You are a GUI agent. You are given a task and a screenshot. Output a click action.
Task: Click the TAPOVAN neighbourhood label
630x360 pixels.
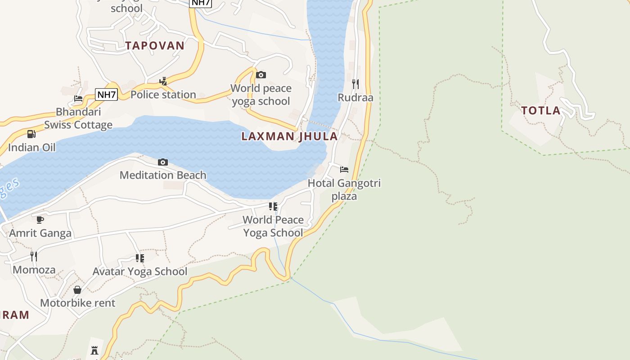tap(155, 45)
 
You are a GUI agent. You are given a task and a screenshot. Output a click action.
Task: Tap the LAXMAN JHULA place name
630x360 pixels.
tap(289, 136)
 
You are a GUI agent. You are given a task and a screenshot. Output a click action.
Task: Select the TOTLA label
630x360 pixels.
tap(541, 111)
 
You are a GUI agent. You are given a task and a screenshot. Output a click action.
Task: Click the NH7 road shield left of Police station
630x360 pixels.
tap(107, 94)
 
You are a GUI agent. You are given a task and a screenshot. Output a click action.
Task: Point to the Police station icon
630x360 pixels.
tap(163, 81)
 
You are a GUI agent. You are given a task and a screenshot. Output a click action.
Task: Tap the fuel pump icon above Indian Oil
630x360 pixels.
tap(31, 134)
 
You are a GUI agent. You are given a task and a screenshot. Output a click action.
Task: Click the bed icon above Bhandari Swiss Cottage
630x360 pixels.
tap(78, 99)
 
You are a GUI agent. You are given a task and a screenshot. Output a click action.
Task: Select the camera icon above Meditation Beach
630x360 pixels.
tap(163, 162)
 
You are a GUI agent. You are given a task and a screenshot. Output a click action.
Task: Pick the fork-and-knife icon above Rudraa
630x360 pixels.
tap(355, 84)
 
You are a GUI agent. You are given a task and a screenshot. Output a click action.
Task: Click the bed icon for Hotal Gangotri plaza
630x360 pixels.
tap(344, 170)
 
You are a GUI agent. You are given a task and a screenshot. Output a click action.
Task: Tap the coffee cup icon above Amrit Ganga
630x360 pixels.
tap(40, 220)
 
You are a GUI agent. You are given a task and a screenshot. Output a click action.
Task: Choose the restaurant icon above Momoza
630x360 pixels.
tap(34, 256)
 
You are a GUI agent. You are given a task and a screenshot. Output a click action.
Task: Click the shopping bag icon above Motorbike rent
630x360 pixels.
tap(77, 289)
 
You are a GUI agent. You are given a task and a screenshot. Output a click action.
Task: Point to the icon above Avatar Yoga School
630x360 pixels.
tap(140, 258)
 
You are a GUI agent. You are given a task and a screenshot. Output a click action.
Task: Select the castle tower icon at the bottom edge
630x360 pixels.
tap(94, 350)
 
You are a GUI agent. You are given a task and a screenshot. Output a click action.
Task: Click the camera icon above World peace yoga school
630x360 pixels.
tap(261, 75)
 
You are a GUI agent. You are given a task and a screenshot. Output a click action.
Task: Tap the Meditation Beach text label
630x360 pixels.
tap(163, 175)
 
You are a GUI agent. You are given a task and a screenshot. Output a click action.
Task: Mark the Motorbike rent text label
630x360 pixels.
tap(78, 303)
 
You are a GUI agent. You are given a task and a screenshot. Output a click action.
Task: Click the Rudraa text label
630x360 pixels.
tap(355, 98)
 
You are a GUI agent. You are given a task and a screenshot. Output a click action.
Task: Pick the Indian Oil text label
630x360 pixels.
tap(32, 147)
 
